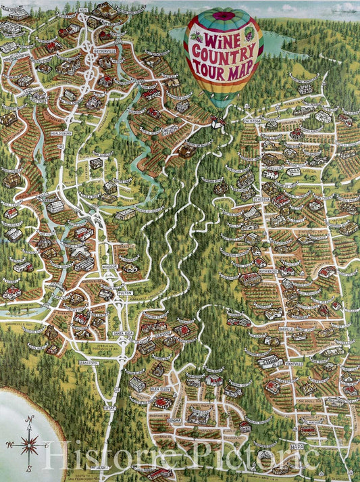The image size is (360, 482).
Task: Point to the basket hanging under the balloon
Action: point(218,122)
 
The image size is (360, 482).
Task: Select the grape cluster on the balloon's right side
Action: point(249,32)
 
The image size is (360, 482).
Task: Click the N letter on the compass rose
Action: point(29,420)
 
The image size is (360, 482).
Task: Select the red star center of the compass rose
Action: point(29,444)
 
